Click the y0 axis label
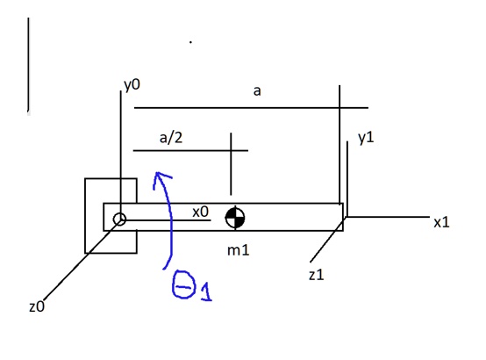tap(132, 85)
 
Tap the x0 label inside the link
tap(200, 212)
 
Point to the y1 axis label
tap(366, 138)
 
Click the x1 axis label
tap(440, 222)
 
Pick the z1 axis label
tap(317, 275)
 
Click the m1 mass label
tap(239, 251)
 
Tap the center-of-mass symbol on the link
tap(234, 218)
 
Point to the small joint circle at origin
tap(119, 219)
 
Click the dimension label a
tap(256, 91)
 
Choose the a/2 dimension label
tap(170, 136)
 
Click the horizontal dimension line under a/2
tap(184, 151)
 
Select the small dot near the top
tap(190, 40)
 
